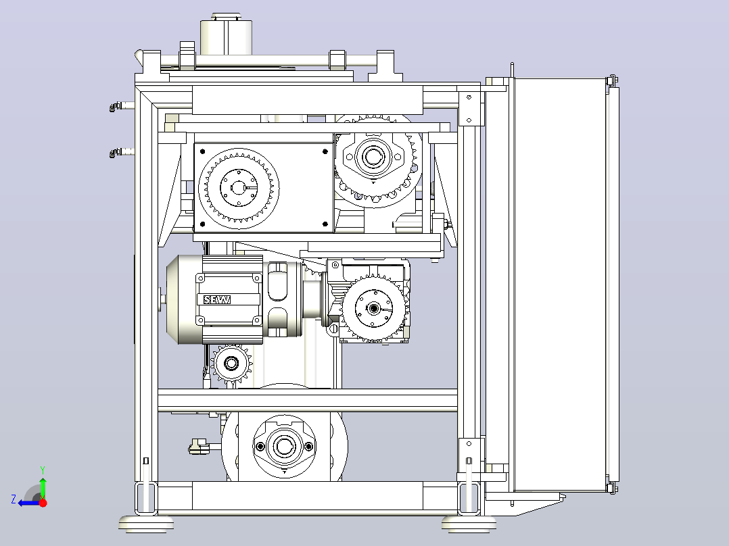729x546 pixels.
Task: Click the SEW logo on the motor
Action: (x=217, y=300)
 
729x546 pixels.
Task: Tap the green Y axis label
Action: (x=43, y=470)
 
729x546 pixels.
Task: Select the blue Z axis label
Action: (x=14, y=499)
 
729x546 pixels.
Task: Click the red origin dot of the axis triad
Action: (x=43, y=502)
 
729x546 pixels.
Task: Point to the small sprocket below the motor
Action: (x=231, y=364)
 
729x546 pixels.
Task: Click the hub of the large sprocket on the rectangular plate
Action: (x=239, y=188)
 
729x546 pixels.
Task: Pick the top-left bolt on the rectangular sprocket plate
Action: (x=202, y=151)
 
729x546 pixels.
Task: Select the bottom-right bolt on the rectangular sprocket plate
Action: (x=325, y=224)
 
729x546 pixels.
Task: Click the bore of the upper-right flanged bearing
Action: (x=373, y=156)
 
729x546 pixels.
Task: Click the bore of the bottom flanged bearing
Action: (x=284, y=446)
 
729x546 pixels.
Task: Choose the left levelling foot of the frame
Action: (x=147, y=523)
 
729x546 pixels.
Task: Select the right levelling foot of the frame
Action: (x=469, y=523)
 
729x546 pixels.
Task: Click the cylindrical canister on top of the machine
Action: (x=227, y=36)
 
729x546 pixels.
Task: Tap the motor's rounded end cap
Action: (x=184, y=300)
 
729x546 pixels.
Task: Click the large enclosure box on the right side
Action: (x=560, y=285)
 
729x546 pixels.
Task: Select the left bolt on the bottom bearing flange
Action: (x=260, y=447)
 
